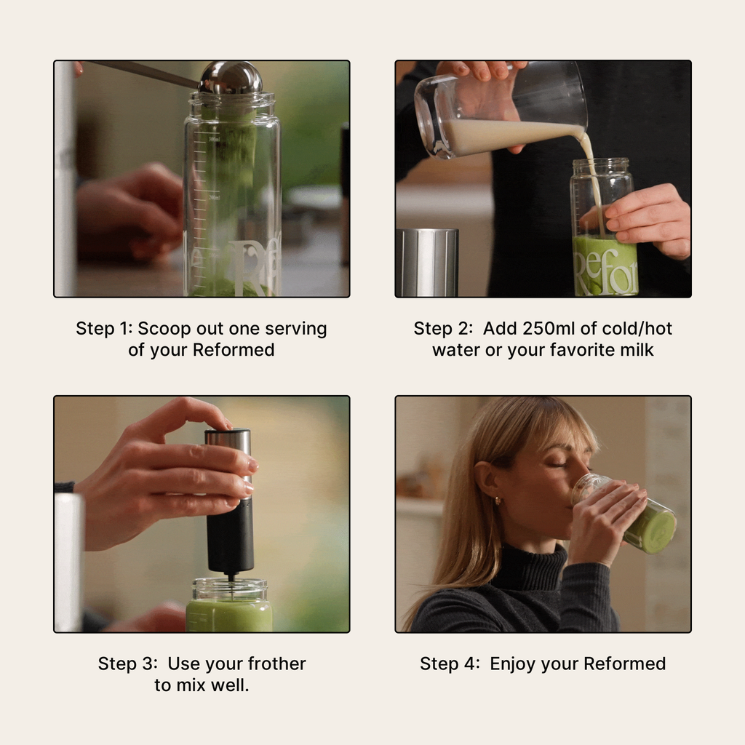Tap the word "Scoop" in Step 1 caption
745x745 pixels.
pyautogui.click(x=164, y=329)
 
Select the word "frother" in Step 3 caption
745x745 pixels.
pyautogui.click(x=276, y=664)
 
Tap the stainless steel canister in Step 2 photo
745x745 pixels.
pyautogui.click(x=426, y=262)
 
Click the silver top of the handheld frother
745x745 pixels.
pyautogui.click(x=228, y=441)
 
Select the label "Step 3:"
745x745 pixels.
pyautogui.click(x=128, y=664)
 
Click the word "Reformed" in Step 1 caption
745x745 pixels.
pyautogui.click(x=234, y=351)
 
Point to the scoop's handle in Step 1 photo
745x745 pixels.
pyautogui.click(x=146, y=72)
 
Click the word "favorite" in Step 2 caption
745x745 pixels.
pyautogui.click(x=586, y=351)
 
